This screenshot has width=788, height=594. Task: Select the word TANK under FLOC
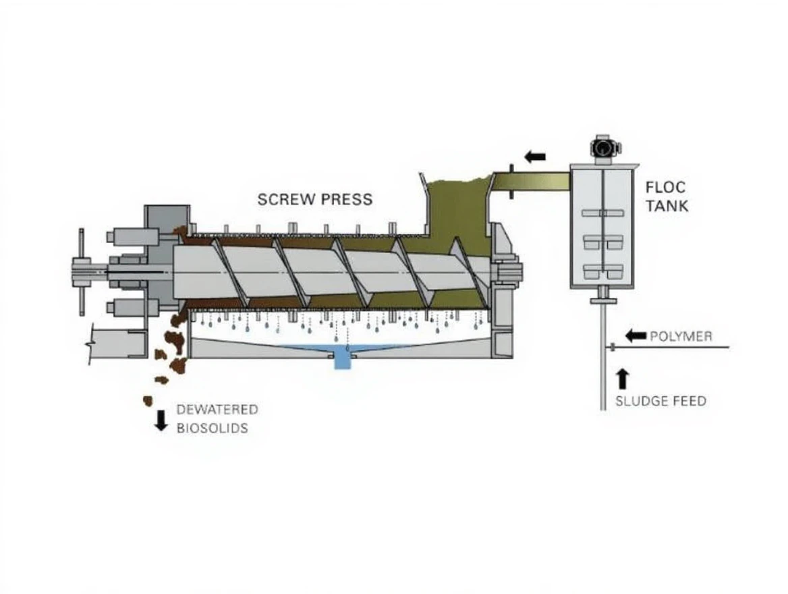click(667, 205)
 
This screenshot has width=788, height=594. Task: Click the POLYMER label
click(681, 336)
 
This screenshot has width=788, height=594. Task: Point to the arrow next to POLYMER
click(636, 335)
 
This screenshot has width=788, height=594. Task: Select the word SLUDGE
click(638, 401)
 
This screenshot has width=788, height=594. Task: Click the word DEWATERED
click(217, 410)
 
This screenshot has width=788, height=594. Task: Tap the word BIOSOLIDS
click(212, 428)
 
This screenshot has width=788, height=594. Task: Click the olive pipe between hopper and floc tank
click(533, 181)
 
